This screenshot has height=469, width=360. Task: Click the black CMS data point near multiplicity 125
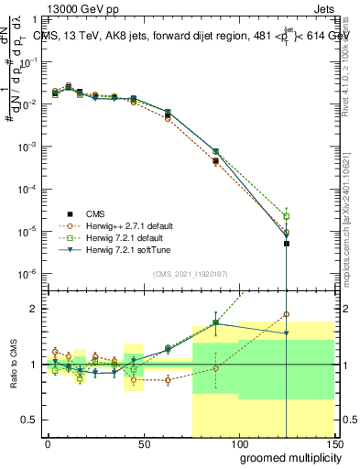click(287, 244)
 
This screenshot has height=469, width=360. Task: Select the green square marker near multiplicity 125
click(287, 216)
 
